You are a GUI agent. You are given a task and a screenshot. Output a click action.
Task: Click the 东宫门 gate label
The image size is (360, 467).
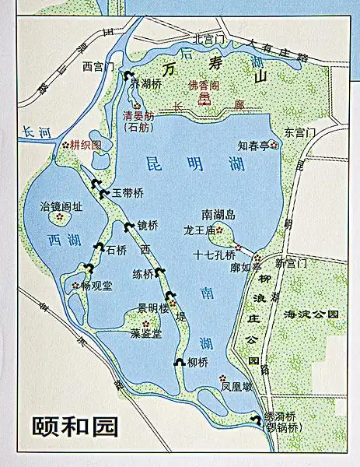tap(299, 132)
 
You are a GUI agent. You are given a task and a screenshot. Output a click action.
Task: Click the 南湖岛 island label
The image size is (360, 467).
tap(218, 213)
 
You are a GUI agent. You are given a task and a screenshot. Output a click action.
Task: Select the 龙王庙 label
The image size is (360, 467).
tap(198, 230)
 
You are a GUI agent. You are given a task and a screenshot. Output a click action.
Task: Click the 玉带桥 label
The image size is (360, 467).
tap(128, 192)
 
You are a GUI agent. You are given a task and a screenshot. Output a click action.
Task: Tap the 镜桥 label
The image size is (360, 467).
tap(147, 226)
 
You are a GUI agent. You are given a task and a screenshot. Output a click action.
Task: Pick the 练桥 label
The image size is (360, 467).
tap(143, 274)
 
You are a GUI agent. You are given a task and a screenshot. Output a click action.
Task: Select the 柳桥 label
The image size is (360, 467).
tap(197, 362)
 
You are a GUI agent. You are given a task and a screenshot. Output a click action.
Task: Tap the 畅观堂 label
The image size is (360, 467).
tap(96, 286)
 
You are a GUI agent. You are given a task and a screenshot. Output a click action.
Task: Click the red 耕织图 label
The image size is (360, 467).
tap(86, 145)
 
